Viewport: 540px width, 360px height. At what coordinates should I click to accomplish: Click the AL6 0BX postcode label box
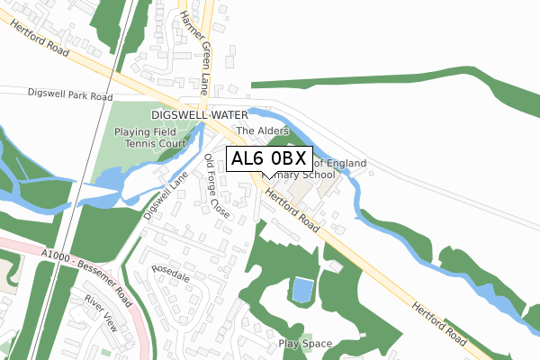click(x=269, y=159)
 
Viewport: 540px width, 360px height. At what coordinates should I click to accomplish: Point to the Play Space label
click(x=305, y=343)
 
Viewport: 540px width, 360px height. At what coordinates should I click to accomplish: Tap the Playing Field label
click(x=148, y=131)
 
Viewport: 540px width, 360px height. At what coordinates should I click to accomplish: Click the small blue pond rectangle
click(x=302, y=290)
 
